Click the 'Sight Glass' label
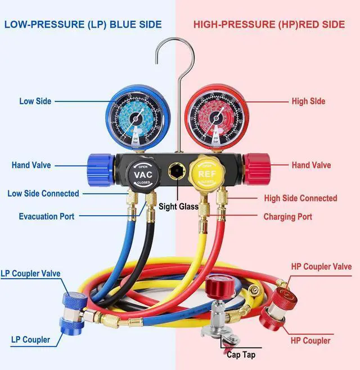(x=178, y=207)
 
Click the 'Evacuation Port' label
(x=47, y=216)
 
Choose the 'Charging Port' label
(x=287, y=217)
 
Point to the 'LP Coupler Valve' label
(x=30, y=274)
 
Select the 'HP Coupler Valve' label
(x=321, y=266)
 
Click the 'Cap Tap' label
(x=241, y=355)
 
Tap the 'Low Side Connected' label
(x=43, y=193)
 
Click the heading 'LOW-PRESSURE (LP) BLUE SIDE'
(x=83, y=25)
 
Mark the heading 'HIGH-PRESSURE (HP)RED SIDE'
(x=268, y=25)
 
